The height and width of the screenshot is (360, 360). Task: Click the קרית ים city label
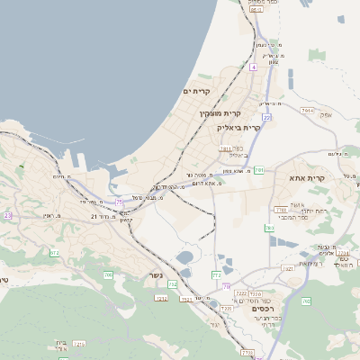click(196, 92)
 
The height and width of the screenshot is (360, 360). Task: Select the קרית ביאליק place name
click(238, 128)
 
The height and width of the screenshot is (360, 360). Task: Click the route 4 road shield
click(254, 67)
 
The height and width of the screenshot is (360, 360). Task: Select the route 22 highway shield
click(267, 117)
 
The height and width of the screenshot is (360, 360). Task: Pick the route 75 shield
click(120, 202)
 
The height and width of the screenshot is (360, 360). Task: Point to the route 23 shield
click(8, 216)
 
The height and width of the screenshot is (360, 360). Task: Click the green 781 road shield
click(259, 169)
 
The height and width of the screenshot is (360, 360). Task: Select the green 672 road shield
click(55, 253)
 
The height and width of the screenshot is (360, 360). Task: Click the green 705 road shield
click(108, 274)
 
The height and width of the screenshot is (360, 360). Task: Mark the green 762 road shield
click(306, 301)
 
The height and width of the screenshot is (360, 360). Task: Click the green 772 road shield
click(216, 274)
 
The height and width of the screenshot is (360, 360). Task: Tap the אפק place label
click(326, 114)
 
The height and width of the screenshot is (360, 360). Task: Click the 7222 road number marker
click(241, 293)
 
